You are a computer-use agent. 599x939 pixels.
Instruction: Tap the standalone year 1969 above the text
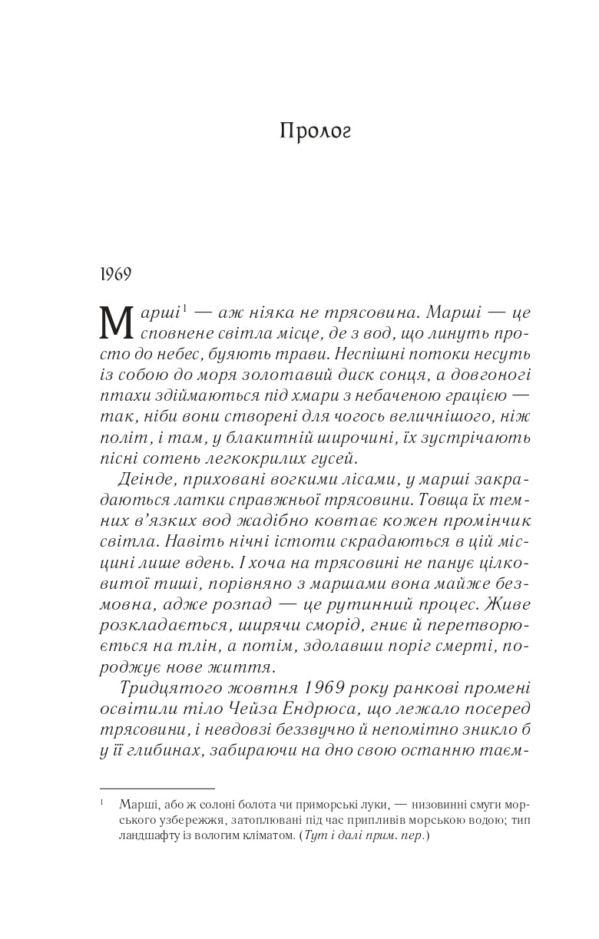point(116,274)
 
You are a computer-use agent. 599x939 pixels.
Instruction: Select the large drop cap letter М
point(117,323)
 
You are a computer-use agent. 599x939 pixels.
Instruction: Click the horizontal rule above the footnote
point(157,788)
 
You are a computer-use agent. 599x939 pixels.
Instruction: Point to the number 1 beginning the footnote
point(102,804)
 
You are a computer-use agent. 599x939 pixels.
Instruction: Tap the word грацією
point(472,396)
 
